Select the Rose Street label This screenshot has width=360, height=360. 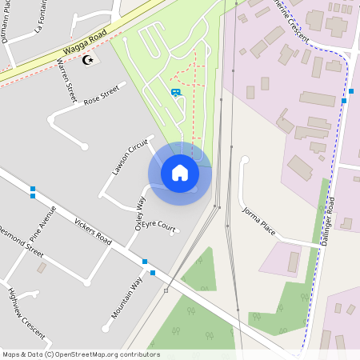pos(101,94)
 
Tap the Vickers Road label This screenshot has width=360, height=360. pos(92,228)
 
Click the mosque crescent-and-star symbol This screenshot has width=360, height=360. pos(88,60)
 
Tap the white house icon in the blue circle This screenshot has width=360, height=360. pos(180,172)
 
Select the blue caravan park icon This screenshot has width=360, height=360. pos(175,92)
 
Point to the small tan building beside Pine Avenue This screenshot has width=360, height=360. pos(41,267)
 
